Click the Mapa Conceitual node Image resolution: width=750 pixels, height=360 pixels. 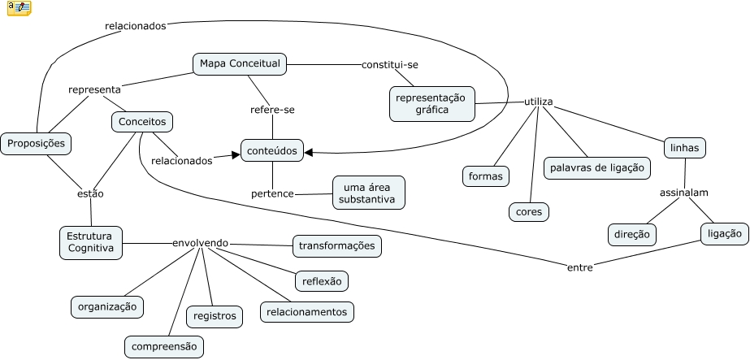pos(240,63)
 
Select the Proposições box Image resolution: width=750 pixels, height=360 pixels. pos(35,144)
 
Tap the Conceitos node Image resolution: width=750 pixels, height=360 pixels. pos(142,122)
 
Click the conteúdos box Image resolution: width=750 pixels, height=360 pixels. pos(272,150)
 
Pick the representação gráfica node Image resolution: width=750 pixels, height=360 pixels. pos(431,103)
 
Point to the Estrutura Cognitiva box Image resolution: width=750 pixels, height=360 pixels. pos(91,241)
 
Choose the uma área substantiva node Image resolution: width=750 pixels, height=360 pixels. pos(369,192)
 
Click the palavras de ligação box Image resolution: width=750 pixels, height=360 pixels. pos(597,167)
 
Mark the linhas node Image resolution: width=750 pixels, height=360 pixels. pos(684,148)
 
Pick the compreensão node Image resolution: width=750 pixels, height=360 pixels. pos(164,346)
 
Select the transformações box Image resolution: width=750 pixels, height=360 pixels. pos(336,245)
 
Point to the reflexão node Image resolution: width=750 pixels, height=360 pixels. pos(321,280)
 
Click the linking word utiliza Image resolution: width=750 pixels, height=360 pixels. pos(538,102)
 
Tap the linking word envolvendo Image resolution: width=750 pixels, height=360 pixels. pos(200,242)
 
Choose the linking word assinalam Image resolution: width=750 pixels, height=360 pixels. pos(683,193)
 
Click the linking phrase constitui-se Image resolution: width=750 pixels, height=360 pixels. pos(390,64)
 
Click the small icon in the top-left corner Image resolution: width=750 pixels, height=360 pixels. pos(20,8)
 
